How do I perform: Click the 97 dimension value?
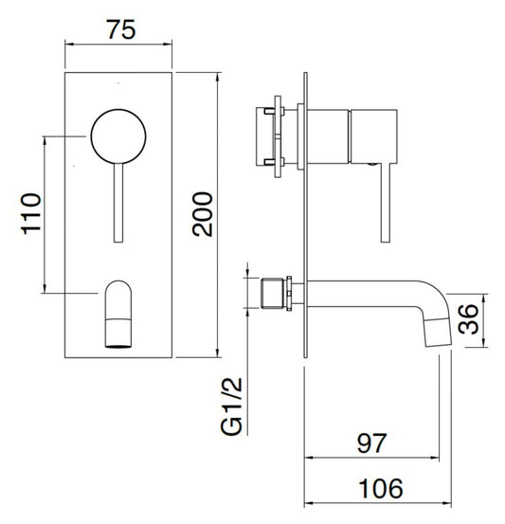click(377, 442)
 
